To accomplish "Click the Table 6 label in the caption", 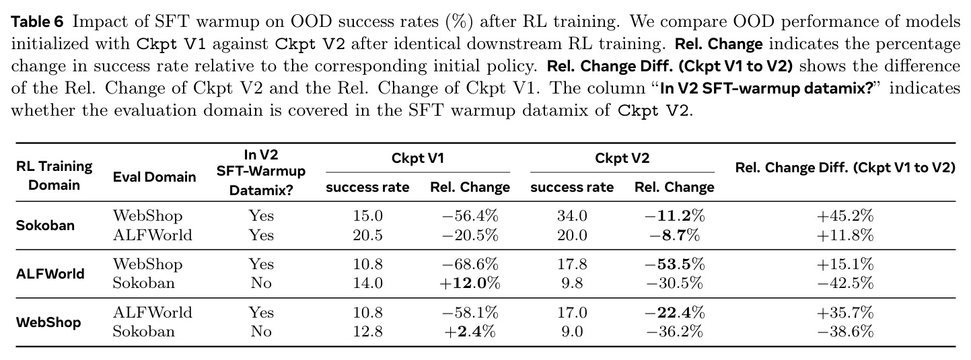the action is pyautogui.click(x=37, y=22).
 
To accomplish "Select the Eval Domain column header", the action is pyautogui.click(x=154, y=177).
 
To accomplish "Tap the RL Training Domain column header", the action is pyautogui.click(x=55, y=176).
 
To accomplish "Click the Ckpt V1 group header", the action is pyautogui.click(x=417, y=158).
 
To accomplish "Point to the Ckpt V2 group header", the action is pyautogui.click(x=622, y=158).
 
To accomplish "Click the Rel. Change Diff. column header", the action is pyautogui.click(x=845, y=168).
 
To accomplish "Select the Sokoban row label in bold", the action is pyautogui.click(x=45, y=225).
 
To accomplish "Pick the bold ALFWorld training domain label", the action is pyautogui.click(x=50, y=274).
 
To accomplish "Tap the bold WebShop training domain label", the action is pyautogui.click(x=48, y=323).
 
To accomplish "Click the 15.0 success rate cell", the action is pyautogui.click(x=367, y=215).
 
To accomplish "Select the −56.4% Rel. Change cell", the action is pyautogui.click(x=470, y=215).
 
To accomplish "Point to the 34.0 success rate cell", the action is pyautogui.click(x=572, y=215).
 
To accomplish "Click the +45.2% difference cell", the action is pyautogui.click(x=845, y=215).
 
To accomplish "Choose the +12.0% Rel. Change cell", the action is pyautogui.click(x=470, y=283).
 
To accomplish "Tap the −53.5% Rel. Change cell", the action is pyautogui.click(x=674, y=264).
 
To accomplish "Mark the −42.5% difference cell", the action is pyautogui.click(x=845, y=283).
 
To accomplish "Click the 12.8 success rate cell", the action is pyautogui.click(x=367, y=332).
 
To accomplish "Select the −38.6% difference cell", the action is pyautogui.click(x=845, y=332).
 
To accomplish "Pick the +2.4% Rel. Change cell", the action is pyautogui.click(x=470, y=332).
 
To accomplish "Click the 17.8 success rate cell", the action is pyautogui.click(x=572, y=264).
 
